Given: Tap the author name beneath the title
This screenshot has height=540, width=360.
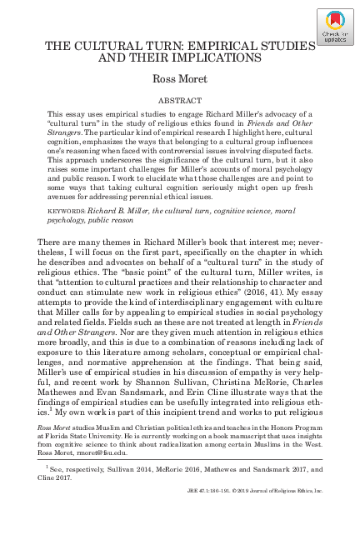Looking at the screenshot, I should point(180,79).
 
